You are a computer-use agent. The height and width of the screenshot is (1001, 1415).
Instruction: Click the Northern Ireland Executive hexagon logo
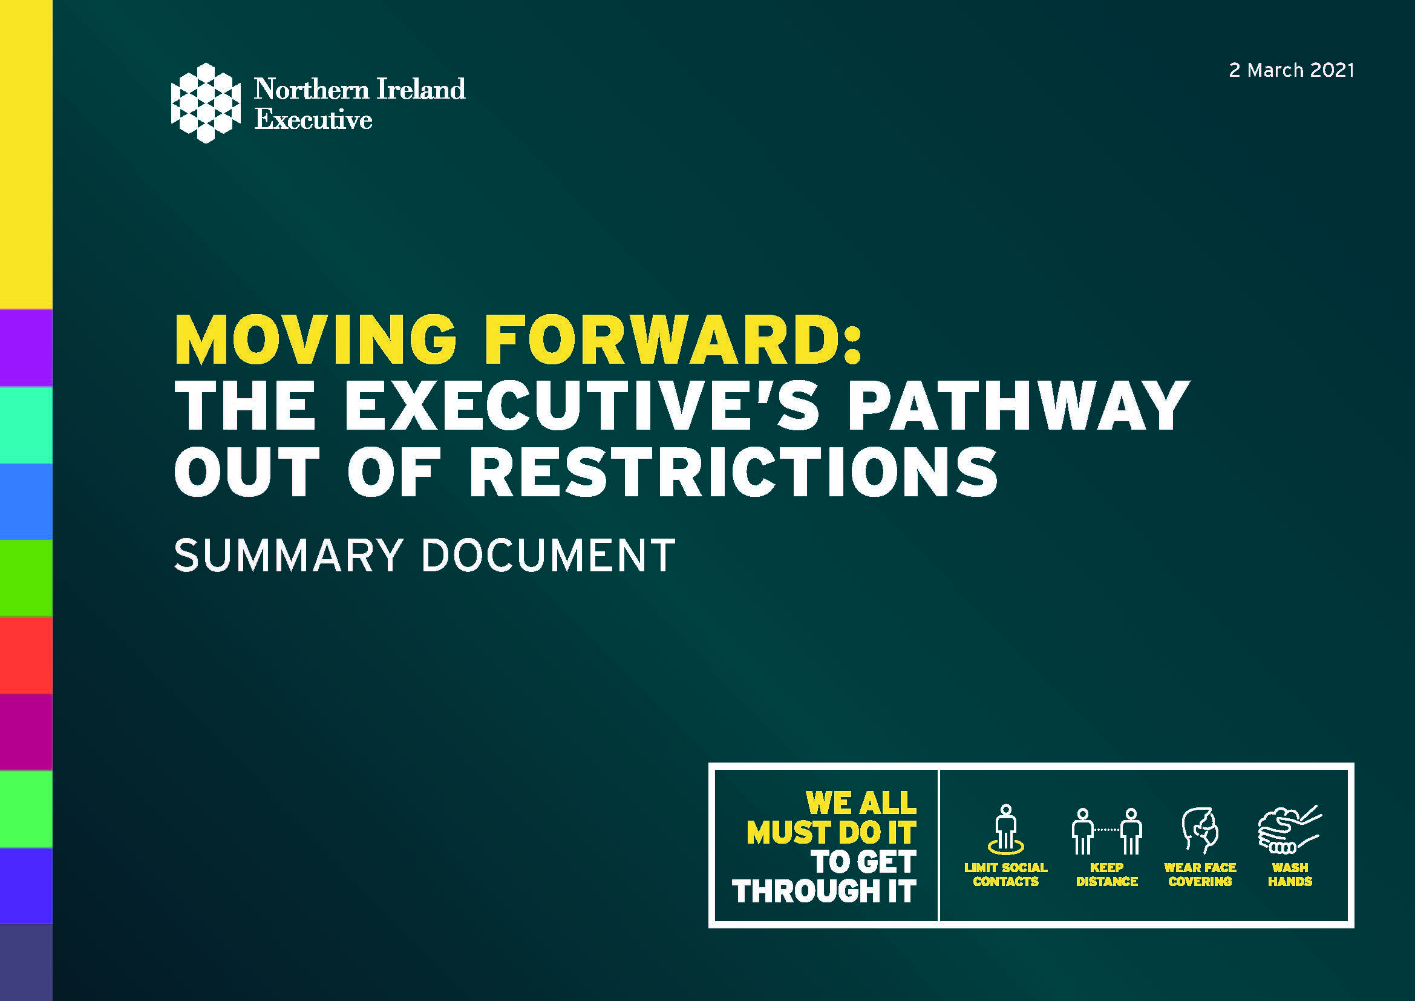[205, 103]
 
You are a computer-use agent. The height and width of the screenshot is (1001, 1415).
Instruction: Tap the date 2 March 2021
[1292, 70]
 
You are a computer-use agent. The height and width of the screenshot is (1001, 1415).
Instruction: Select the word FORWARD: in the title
[672, 340]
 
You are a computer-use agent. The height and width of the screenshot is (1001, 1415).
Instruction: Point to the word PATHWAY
[1018, 405]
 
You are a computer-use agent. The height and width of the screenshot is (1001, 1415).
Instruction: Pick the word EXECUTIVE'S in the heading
[582, 405]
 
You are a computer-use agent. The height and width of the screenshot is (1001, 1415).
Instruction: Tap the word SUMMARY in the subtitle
[289, 556]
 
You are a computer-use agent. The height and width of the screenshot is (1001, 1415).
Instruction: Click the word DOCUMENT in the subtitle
[548, 556]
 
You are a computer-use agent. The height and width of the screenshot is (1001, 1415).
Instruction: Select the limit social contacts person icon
[1006, 829]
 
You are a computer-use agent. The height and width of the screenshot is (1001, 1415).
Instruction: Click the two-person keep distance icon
[1107, 831]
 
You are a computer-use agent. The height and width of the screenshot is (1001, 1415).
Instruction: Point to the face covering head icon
[1200, 830]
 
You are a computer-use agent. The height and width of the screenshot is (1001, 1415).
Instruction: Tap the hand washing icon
[1289, 830]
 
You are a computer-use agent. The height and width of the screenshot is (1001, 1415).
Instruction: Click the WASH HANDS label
[1290, 875]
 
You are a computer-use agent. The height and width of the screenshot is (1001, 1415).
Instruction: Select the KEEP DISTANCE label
[1107, 875]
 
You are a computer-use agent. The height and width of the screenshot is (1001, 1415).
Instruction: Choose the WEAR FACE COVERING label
[1200, 875]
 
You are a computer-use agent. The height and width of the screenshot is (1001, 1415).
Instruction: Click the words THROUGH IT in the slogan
[825, 891]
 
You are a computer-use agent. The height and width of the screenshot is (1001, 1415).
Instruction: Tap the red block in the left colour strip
[26, 655]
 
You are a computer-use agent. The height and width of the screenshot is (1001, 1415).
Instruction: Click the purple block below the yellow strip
[26, 347]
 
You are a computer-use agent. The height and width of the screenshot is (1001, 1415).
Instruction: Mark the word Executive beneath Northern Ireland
[314, 119]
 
